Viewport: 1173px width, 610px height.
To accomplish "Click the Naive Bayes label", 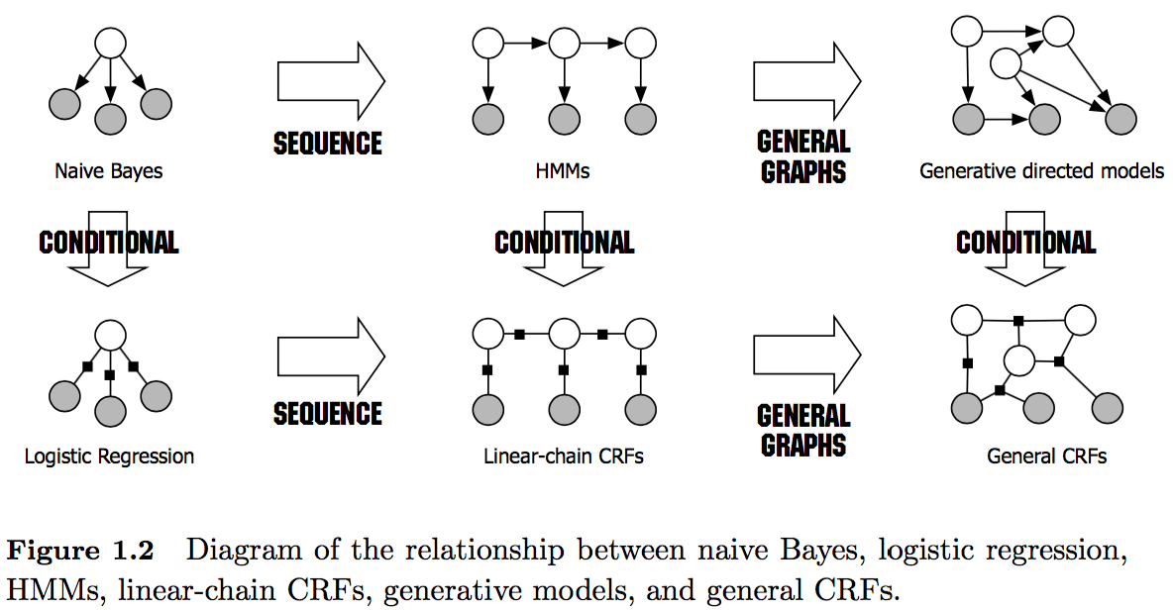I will [x=109, y=171].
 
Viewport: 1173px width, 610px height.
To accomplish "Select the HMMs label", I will [x=562, y=171].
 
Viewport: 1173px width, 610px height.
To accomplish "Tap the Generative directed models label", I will [x=1041, y=171].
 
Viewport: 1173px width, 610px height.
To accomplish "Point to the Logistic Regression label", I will [x=109, y=457].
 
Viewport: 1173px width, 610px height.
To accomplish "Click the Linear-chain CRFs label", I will [x=564, y=457].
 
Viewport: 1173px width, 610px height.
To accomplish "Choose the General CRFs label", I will [x=1046, y=457].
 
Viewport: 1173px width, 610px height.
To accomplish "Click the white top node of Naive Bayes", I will [x=110, y=44].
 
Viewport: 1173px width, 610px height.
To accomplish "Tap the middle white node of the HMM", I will [x=564, y=44].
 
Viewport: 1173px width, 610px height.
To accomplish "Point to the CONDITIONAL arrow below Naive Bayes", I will [x=109, y=248].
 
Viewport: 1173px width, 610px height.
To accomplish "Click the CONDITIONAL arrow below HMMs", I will [x=564, y=248].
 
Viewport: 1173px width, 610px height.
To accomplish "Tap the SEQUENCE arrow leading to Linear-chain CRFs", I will [x=331, y=356].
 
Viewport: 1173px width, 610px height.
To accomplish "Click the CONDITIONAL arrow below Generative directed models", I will [x=1026, y=248].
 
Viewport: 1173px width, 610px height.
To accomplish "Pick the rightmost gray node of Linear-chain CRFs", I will [x=641, y=407].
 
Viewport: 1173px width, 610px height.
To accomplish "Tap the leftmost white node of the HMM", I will [x=486, y=44].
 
